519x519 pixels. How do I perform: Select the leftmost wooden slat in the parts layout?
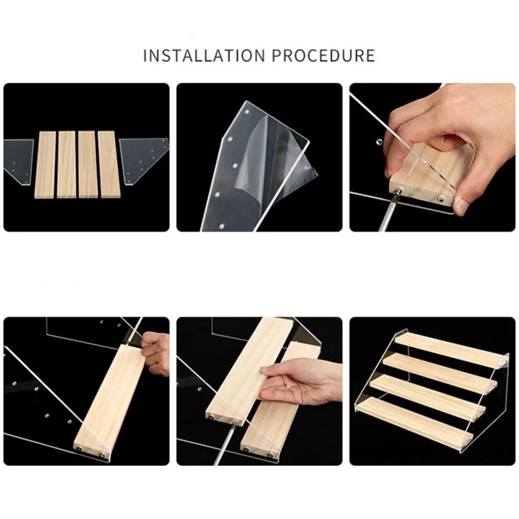(44, 165)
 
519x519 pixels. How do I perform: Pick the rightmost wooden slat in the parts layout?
(108, 165)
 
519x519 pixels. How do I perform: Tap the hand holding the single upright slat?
(156, 353)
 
